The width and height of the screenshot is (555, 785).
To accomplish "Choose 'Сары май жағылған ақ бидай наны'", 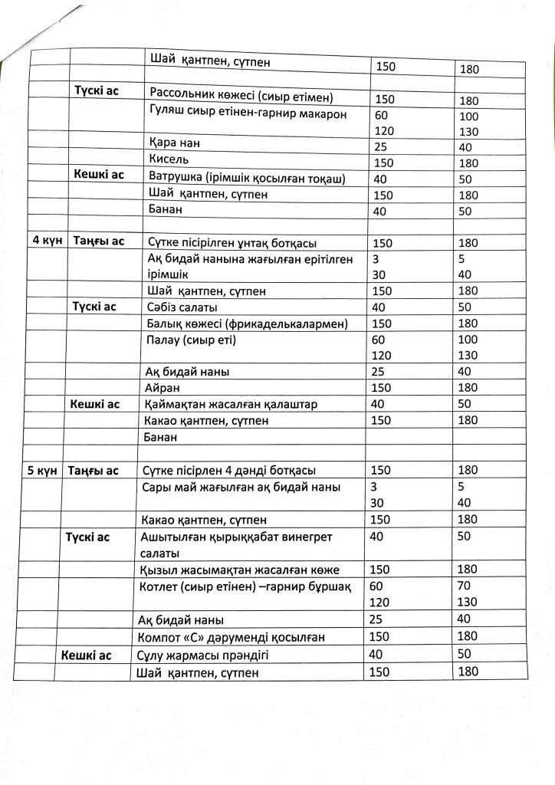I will click(241, 488).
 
